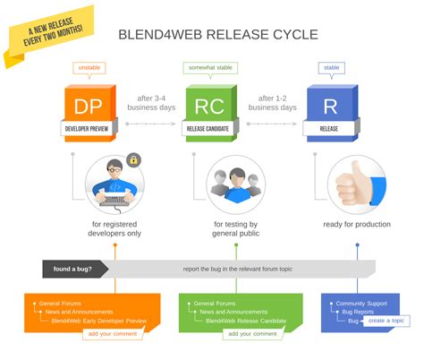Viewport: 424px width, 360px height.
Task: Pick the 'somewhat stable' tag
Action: pos(210,68)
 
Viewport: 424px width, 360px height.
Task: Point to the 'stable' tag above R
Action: pos(331,68)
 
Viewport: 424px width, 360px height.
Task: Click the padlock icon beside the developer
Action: pos(133,159)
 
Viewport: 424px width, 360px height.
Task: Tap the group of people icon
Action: pos(235,184)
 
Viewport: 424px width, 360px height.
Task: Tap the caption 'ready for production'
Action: pos(357,225)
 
